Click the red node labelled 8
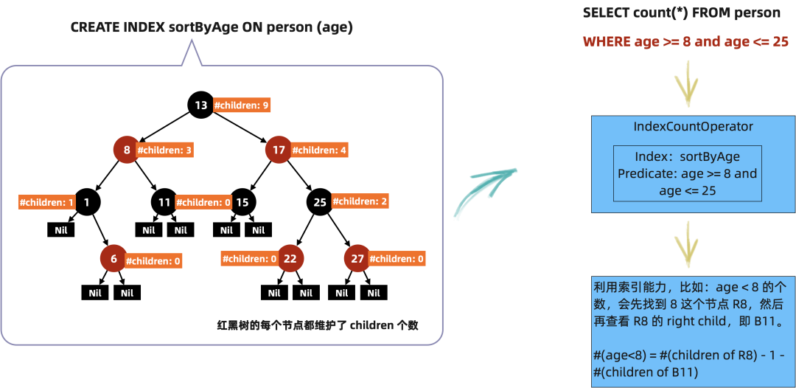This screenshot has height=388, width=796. point(127,150)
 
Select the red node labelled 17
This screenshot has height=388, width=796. point(279,150)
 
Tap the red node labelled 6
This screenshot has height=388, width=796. point(114,259)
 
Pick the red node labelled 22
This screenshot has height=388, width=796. point(290,259)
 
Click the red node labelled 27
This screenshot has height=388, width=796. point(357,259)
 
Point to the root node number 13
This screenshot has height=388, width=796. point(201,105)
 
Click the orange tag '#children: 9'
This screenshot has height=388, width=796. point(241,105)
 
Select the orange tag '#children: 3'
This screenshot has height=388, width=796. point(165,150)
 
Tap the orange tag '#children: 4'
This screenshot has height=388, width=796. point(319,150)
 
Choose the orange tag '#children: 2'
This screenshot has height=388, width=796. point(360,201)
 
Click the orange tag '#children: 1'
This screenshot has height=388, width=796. point(46,202)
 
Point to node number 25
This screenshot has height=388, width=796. point(320,202)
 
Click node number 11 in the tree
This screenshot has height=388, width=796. point(164,202)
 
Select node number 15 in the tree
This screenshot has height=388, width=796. point(242,202)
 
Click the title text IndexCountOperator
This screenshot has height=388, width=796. point(694,127)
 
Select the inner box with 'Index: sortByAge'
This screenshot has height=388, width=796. point(687,173)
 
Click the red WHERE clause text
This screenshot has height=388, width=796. point(685,42)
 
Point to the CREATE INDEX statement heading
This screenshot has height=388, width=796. point(212,27)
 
